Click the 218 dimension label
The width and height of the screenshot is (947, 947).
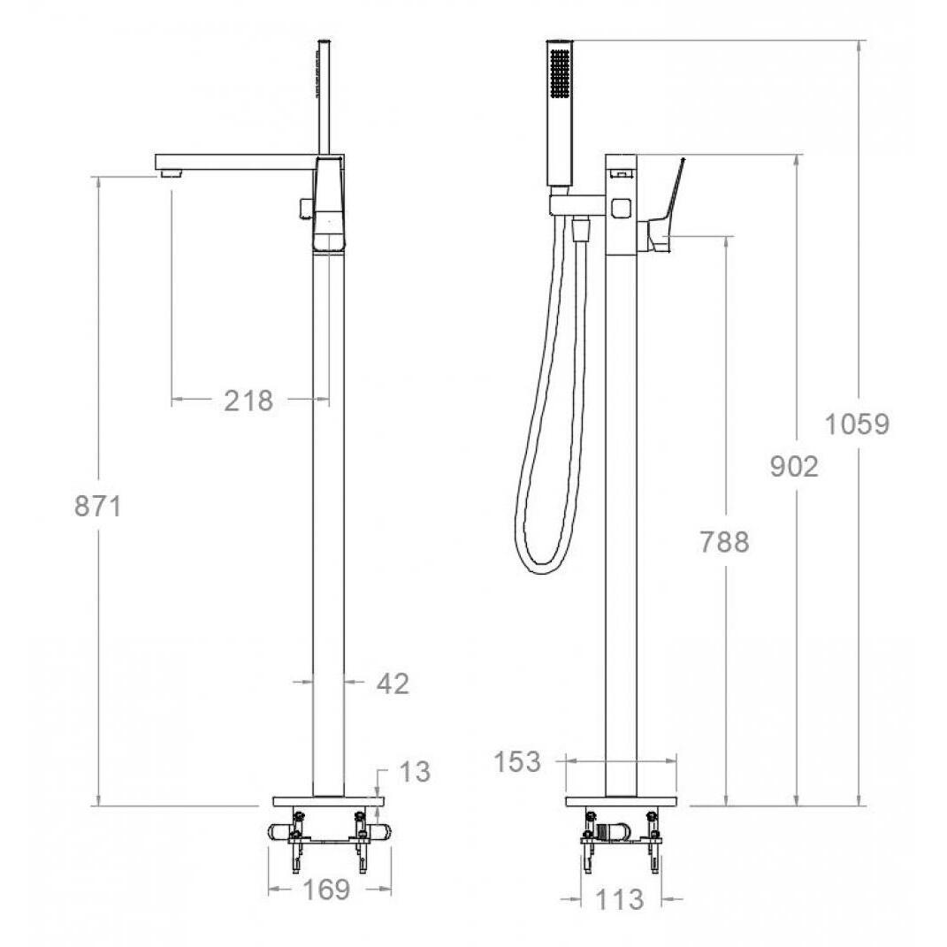pos(248,401)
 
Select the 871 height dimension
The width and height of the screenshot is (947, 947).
pos(98,506)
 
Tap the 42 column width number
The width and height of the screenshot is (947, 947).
pos(393,684)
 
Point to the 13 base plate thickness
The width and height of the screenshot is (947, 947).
pos(416,771)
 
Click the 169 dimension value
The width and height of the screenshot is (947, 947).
pos(325,889)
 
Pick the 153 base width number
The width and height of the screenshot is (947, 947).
pos(517,761)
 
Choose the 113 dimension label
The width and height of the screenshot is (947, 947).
pos(620,900)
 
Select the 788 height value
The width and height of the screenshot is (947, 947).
pos(725,542)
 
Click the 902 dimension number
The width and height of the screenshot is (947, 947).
pos(794,466)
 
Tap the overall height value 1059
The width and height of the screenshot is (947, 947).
pos(857,424)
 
